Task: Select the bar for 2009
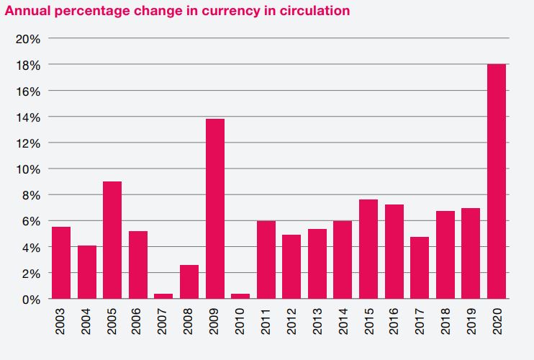[215, 209]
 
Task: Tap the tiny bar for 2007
[163, 296]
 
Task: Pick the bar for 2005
[112, 240]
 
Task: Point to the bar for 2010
[240, 296]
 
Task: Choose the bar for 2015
[368, 249]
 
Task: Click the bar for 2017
[420, 268]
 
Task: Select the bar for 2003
[61, 263]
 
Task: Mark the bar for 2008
[189, 282]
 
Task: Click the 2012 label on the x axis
[292, 324]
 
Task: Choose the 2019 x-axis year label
[471, 324]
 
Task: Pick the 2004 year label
[87, 324]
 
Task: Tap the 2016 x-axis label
[394, 324]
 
